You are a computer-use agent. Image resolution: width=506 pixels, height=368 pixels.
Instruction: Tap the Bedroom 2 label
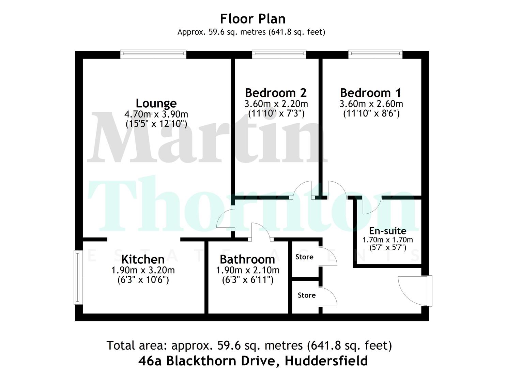[276, 93]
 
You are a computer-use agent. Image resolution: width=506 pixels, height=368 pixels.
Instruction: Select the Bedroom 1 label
[371, 93]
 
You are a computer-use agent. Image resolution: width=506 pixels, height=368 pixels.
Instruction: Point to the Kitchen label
[143, 259]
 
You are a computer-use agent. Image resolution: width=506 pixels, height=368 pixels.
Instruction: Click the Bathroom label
[247, 259]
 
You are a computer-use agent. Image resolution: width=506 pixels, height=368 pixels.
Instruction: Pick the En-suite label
[388, 231]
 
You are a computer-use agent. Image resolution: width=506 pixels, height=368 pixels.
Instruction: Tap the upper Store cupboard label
[304, 257]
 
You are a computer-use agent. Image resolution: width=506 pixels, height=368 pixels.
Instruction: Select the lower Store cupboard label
[307, 295]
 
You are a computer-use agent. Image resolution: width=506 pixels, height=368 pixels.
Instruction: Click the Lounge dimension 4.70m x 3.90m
[156, 114]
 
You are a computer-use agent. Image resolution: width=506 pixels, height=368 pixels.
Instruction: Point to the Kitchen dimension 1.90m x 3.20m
[143, 270]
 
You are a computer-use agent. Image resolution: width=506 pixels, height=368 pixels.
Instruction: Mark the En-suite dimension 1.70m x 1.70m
[388, 240]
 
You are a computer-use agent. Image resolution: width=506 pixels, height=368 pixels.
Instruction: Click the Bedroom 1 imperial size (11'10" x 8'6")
[371, 113]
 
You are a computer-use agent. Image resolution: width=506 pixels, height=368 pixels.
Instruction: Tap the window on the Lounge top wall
[153, 55]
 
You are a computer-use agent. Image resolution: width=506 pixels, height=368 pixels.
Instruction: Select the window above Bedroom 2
[279, 55]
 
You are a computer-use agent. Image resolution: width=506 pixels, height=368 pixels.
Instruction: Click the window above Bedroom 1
[375, 55]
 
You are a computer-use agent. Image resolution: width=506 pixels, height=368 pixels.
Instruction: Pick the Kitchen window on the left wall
[78, 277]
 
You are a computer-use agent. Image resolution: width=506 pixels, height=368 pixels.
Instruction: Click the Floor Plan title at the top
[253, 19]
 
